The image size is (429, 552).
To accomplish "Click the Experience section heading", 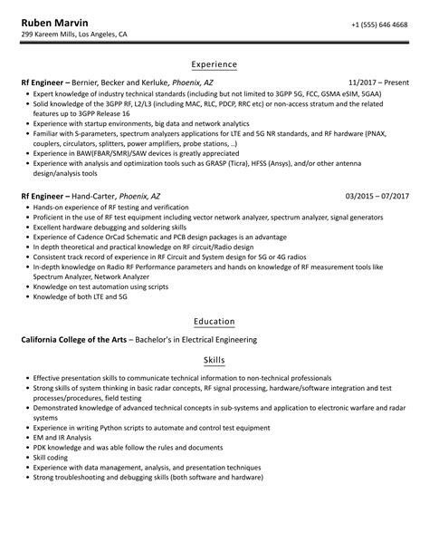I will coord(214,64).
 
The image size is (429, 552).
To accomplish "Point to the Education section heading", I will coord(214,321).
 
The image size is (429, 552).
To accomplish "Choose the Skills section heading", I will coord(214,359).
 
